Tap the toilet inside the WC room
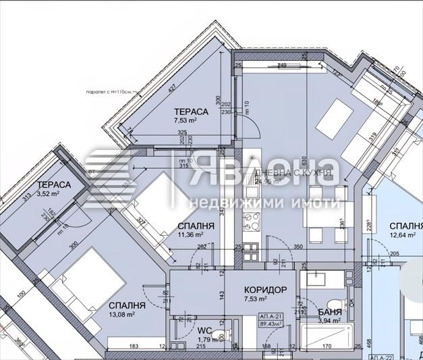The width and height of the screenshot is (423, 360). point(227,332)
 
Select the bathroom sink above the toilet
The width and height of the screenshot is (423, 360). point(316,280)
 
